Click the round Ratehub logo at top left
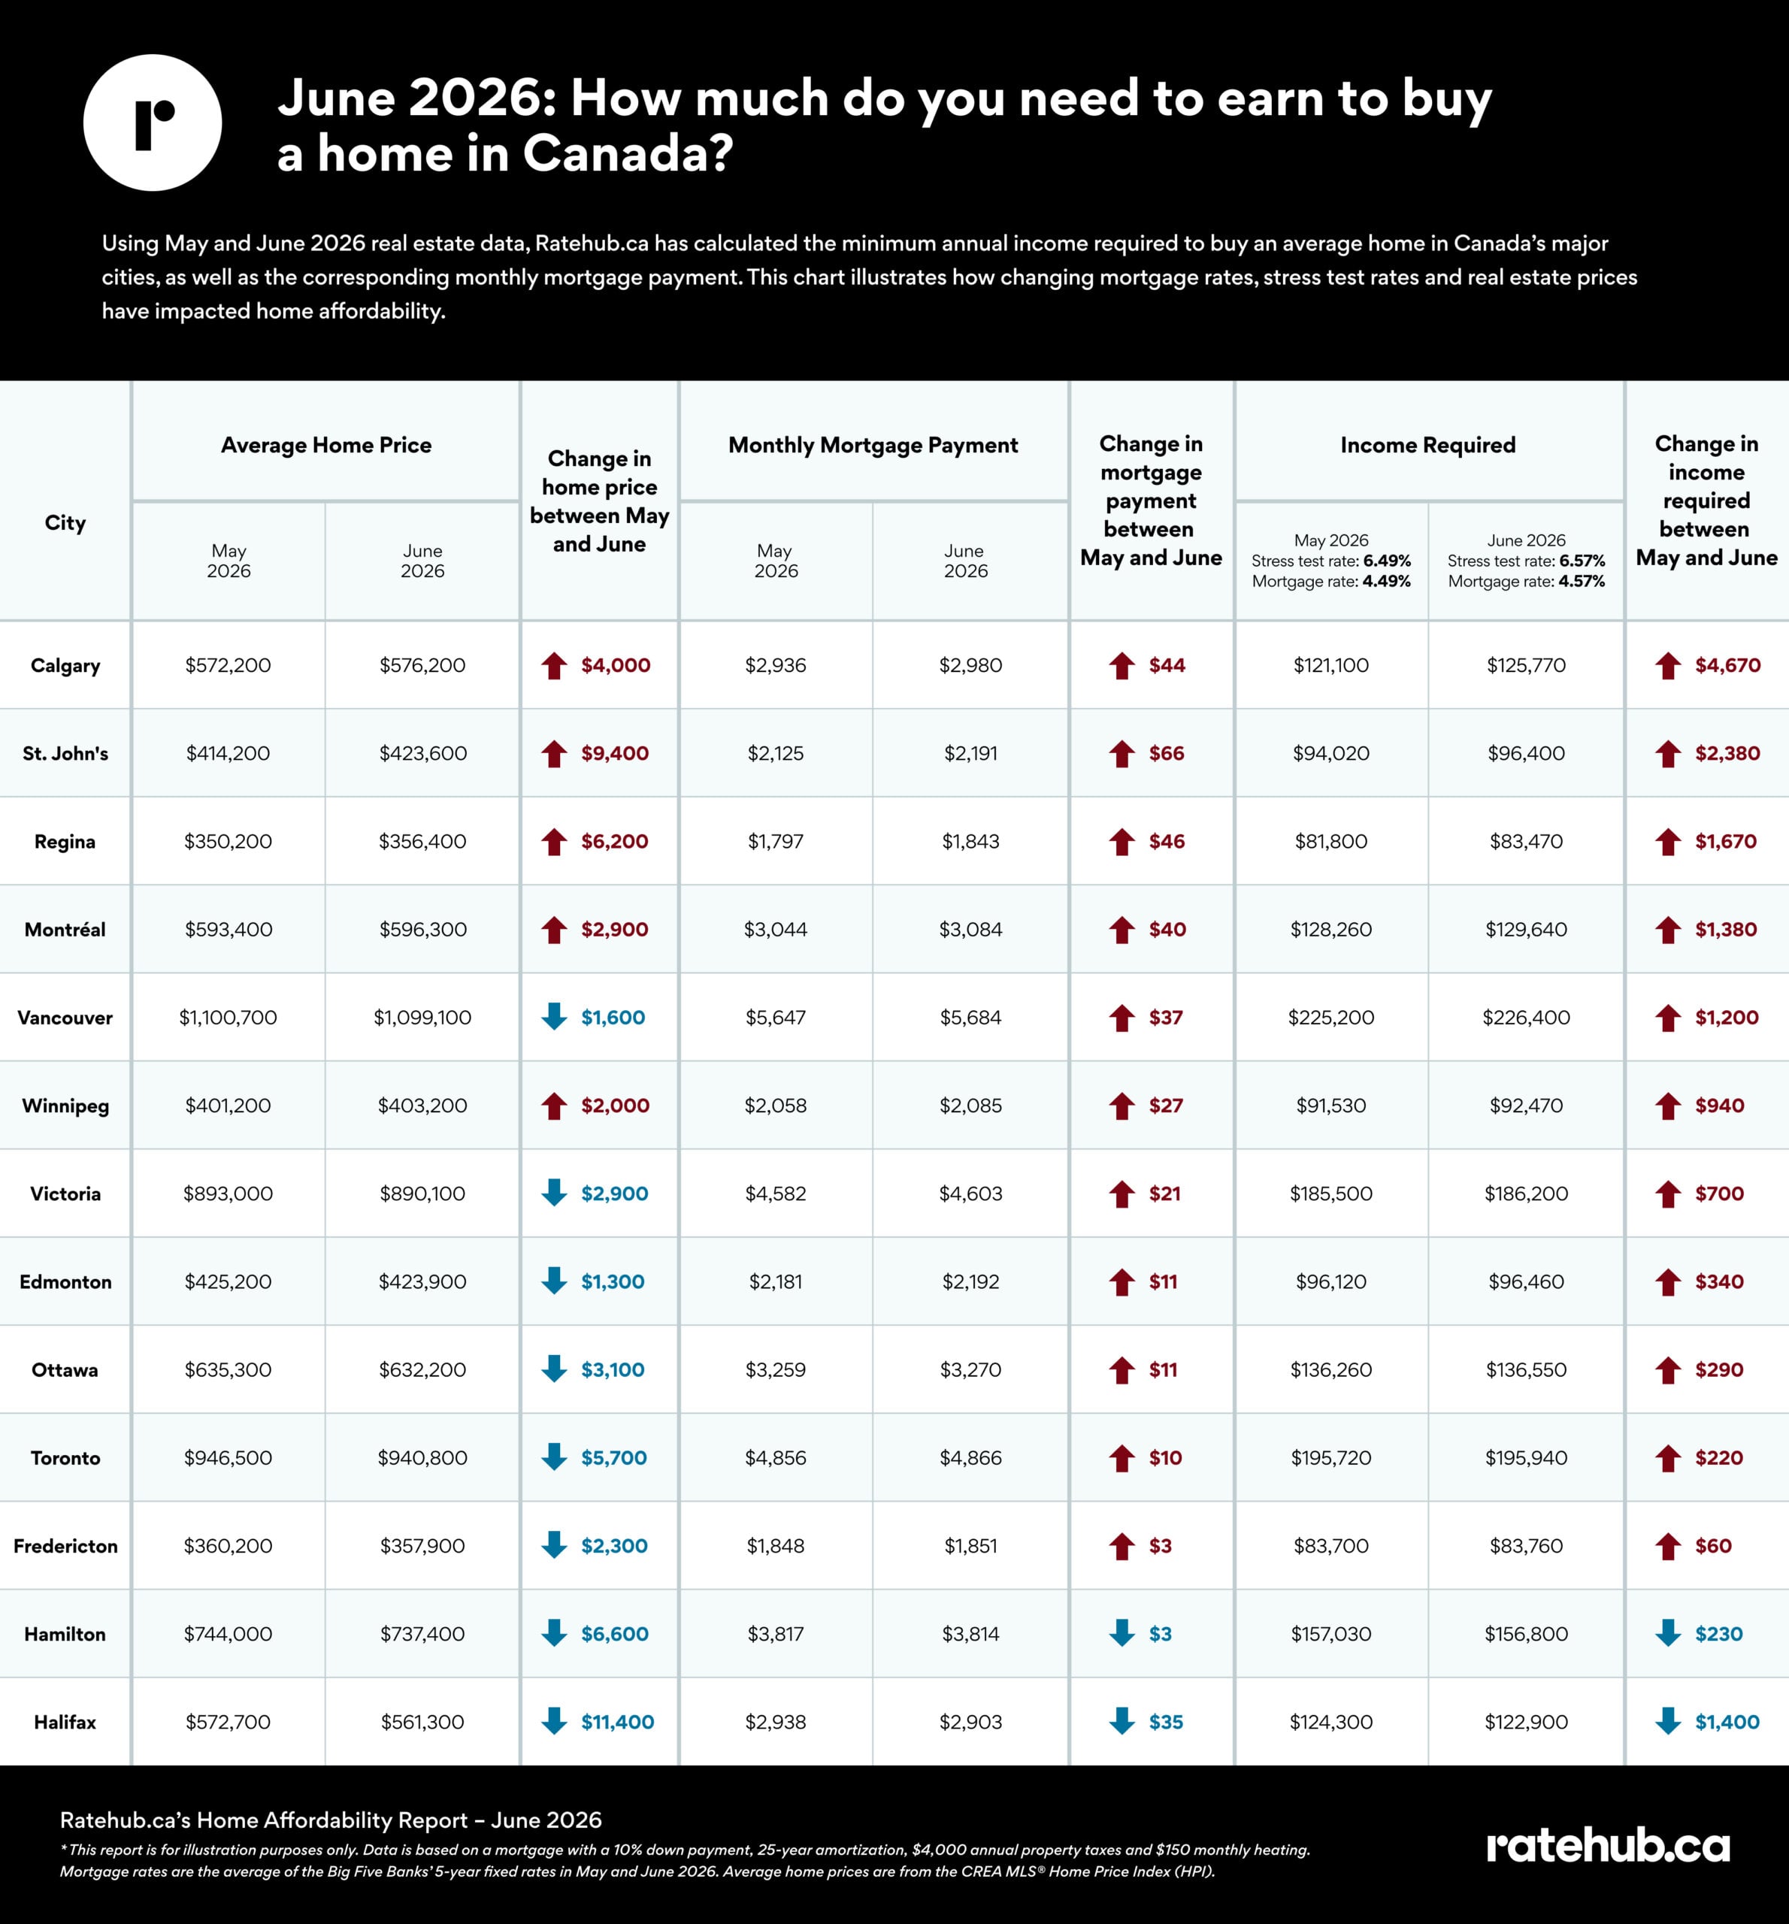click(x=153, y=123)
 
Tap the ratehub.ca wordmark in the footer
click(x=1608, y=1846)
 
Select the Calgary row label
click(x=65, y=666)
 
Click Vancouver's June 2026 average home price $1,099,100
click(x=422, y=1017)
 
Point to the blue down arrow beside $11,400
click(x=554, y=1721)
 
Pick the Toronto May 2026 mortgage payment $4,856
click(x=776, y=1457)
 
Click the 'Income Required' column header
click(x=1428, y=445)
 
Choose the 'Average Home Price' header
click(x=326, y=445)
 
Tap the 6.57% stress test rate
click(x=1582, y=561)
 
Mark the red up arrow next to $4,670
click(x=1667, y=665)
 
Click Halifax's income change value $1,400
click(x=1727, y=1722)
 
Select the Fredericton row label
click(x=65, y=1545)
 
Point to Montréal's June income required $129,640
click(x=1526, y=929)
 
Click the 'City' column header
click(x=65, y=522)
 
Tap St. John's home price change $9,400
click(x=615, y=753)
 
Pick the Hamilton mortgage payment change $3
click(x=1160, y=1634)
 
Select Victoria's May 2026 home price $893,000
click(x=229, y=1193)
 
